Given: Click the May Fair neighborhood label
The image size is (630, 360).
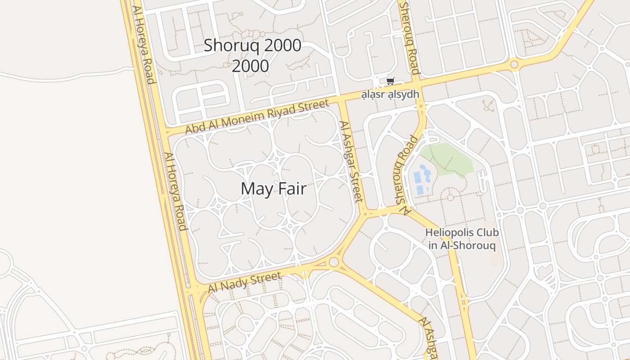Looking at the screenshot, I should pyautogui.click(x=274, y=189).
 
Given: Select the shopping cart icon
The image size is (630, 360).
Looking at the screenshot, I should pyautogui.click(x=390, y=81).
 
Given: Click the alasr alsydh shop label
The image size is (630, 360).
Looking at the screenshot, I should pyautogui.click(x=391, y=94).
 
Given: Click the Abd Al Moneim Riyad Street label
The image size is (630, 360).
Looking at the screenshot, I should pyautogui.click(x=257, y=117).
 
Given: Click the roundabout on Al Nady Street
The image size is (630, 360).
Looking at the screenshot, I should pyautogui.click(x=333, y=262).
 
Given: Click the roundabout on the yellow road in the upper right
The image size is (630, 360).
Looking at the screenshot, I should pyautogui.click(x=514, y=65).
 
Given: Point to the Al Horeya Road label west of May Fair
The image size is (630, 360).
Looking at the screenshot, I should pyautogui.click(x=175, y=191).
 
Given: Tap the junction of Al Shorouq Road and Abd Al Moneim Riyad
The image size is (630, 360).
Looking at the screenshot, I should pyautogui.click(x=418, y=84).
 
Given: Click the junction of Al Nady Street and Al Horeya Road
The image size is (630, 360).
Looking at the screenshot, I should pyautogui.click(x=196, y=291).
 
